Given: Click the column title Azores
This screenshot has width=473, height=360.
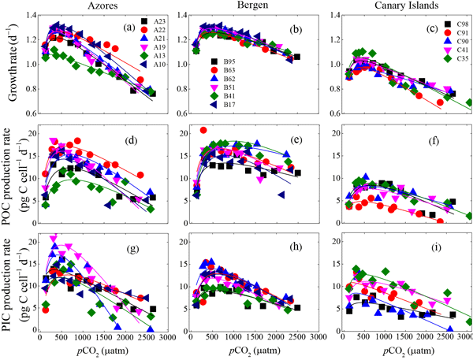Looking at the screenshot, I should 99,6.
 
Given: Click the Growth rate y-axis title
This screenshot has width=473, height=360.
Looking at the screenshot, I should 9,63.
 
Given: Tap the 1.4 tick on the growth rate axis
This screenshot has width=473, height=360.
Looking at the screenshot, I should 29,15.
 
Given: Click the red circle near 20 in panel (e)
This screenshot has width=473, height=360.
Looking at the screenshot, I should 204,131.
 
